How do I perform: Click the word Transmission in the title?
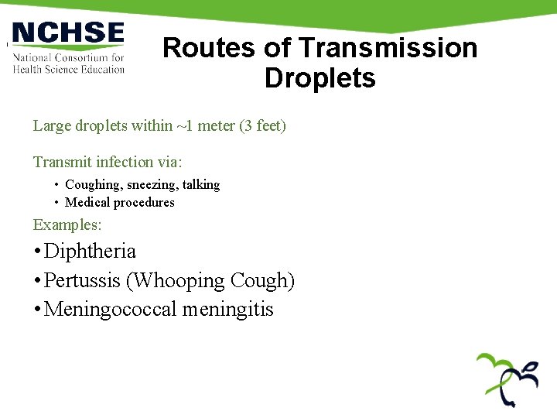point(388,48)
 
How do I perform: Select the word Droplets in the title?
point(320,78)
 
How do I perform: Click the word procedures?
point(146,203)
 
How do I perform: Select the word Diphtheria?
point(91,252)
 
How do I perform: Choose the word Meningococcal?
point(111,310)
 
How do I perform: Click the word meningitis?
point(228,310)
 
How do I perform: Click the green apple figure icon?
point(507,379)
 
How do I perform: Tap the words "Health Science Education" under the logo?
point(69,69)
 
